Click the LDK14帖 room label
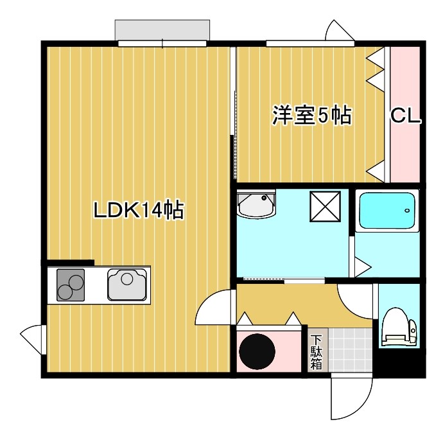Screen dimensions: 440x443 point(139,210)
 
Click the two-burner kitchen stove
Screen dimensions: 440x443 point(71,285)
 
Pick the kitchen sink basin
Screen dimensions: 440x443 point(128,285)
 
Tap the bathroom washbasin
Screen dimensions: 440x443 point(255,205)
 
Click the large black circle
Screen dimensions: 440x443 point(258,351)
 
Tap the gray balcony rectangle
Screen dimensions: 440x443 point(162,30)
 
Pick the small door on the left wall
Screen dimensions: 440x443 point(31,335)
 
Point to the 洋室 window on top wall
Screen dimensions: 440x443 point(310,44)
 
